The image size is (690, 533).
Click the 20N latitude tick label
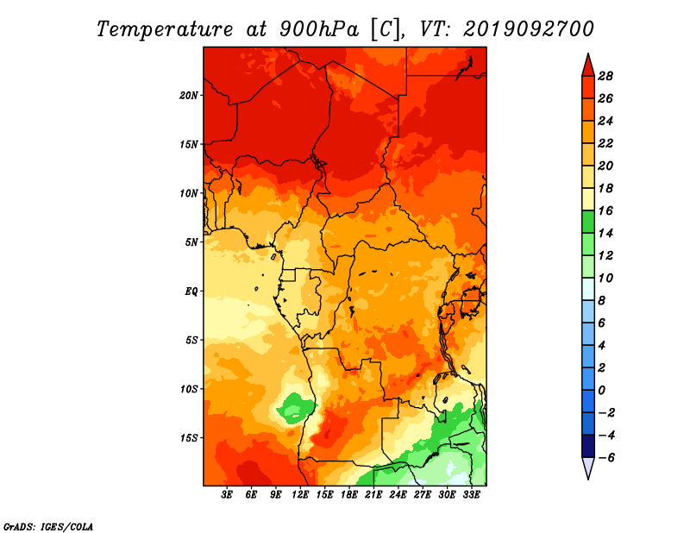click(x=188, y=96)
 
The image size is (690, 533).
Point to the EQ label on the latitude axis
click(x=191, y=292)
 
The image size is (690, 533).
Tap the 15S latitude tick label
click(x=188, y=438)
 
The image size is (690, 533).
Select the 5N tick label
click(x=191, y=242)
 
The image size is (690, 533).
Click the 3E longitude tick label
click(x=227, y=494)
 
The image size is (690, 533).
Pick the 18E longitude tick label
click(x=348, y=494)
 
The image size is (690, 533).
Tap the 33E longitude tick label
click(x=471, y=494)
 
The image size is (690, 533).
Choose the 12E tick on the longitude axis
click(x=299, y=494)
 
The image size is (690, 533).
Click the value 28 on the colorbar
click(x=605, y=76)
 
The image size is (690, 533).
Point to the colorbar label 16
click(x=605, y=210)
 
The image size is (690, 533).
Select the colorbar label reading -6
click(x=605, y=458)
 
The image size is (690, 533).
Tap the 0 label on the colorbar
click(x=601, y=391)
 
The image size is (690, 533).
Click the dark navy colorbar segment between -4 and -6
click(x=588, y=446)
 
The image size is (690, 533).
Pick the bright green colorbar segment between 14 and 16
click(x=588, y=222)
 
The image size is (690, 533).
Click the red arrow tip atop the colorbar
click(x=588, y=53)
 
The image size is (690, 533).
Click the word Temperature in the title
click(x=165, y=29)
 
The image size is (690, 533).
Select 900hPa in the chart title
click(x=318, y=29)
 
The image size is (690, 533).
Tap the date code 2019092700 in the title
click(x=529, y=29)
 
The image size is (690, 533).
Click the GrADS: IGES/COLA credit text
click(x=48, y=526)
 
